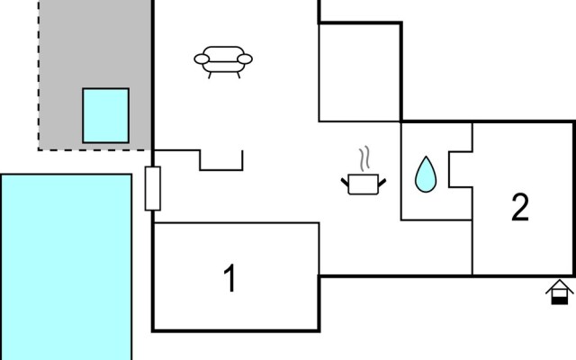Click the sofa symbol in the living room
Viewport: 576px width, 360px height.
click(x=223, y=62)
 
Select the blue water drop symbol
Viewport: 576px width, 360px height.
click(x=426, y=175)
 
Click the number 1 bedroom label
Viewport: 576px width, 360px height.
click(x=230, y=278)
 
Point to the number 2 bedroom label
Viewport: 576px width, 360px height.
click(x=520, y=207)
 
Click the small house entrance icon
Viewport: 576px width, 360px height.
click(x=560, y=292)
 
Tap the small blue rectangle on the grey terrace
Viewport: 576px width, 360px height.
click(x=106, y=115)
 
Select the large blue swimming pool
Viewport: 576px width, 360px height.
click(x=67, y=267)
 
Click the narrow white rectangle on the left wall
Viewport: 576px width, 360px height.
click(x=153, y=188)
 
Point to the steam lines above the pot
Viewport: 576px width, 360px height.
click(x=364, y=159)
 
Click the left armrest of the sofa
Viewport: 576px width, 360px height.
click(x=202, y=58)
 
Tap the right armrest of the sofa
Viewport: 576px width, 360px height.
click(x=245, y=58)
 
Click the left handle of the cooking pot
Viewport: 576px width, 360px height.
click(x=345, y=182)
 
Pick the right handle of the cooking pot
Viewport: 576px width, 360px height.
click(x=382, y=182)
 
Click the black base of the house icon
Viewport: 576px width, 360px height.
click(x=560, y=301)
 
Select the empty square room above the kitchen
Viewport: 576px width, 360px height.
click(x=360, y=72)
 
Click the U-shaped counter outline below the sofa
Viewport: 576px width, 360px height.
click(x=221, y=170)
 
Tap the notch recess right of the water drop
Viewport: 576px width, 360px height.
click(x=461, y=169)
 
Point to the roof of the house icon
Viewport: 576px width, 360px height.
click(x=560, y=286)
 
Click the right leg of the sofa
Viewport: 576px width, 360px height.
click(x=238, y=76)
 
